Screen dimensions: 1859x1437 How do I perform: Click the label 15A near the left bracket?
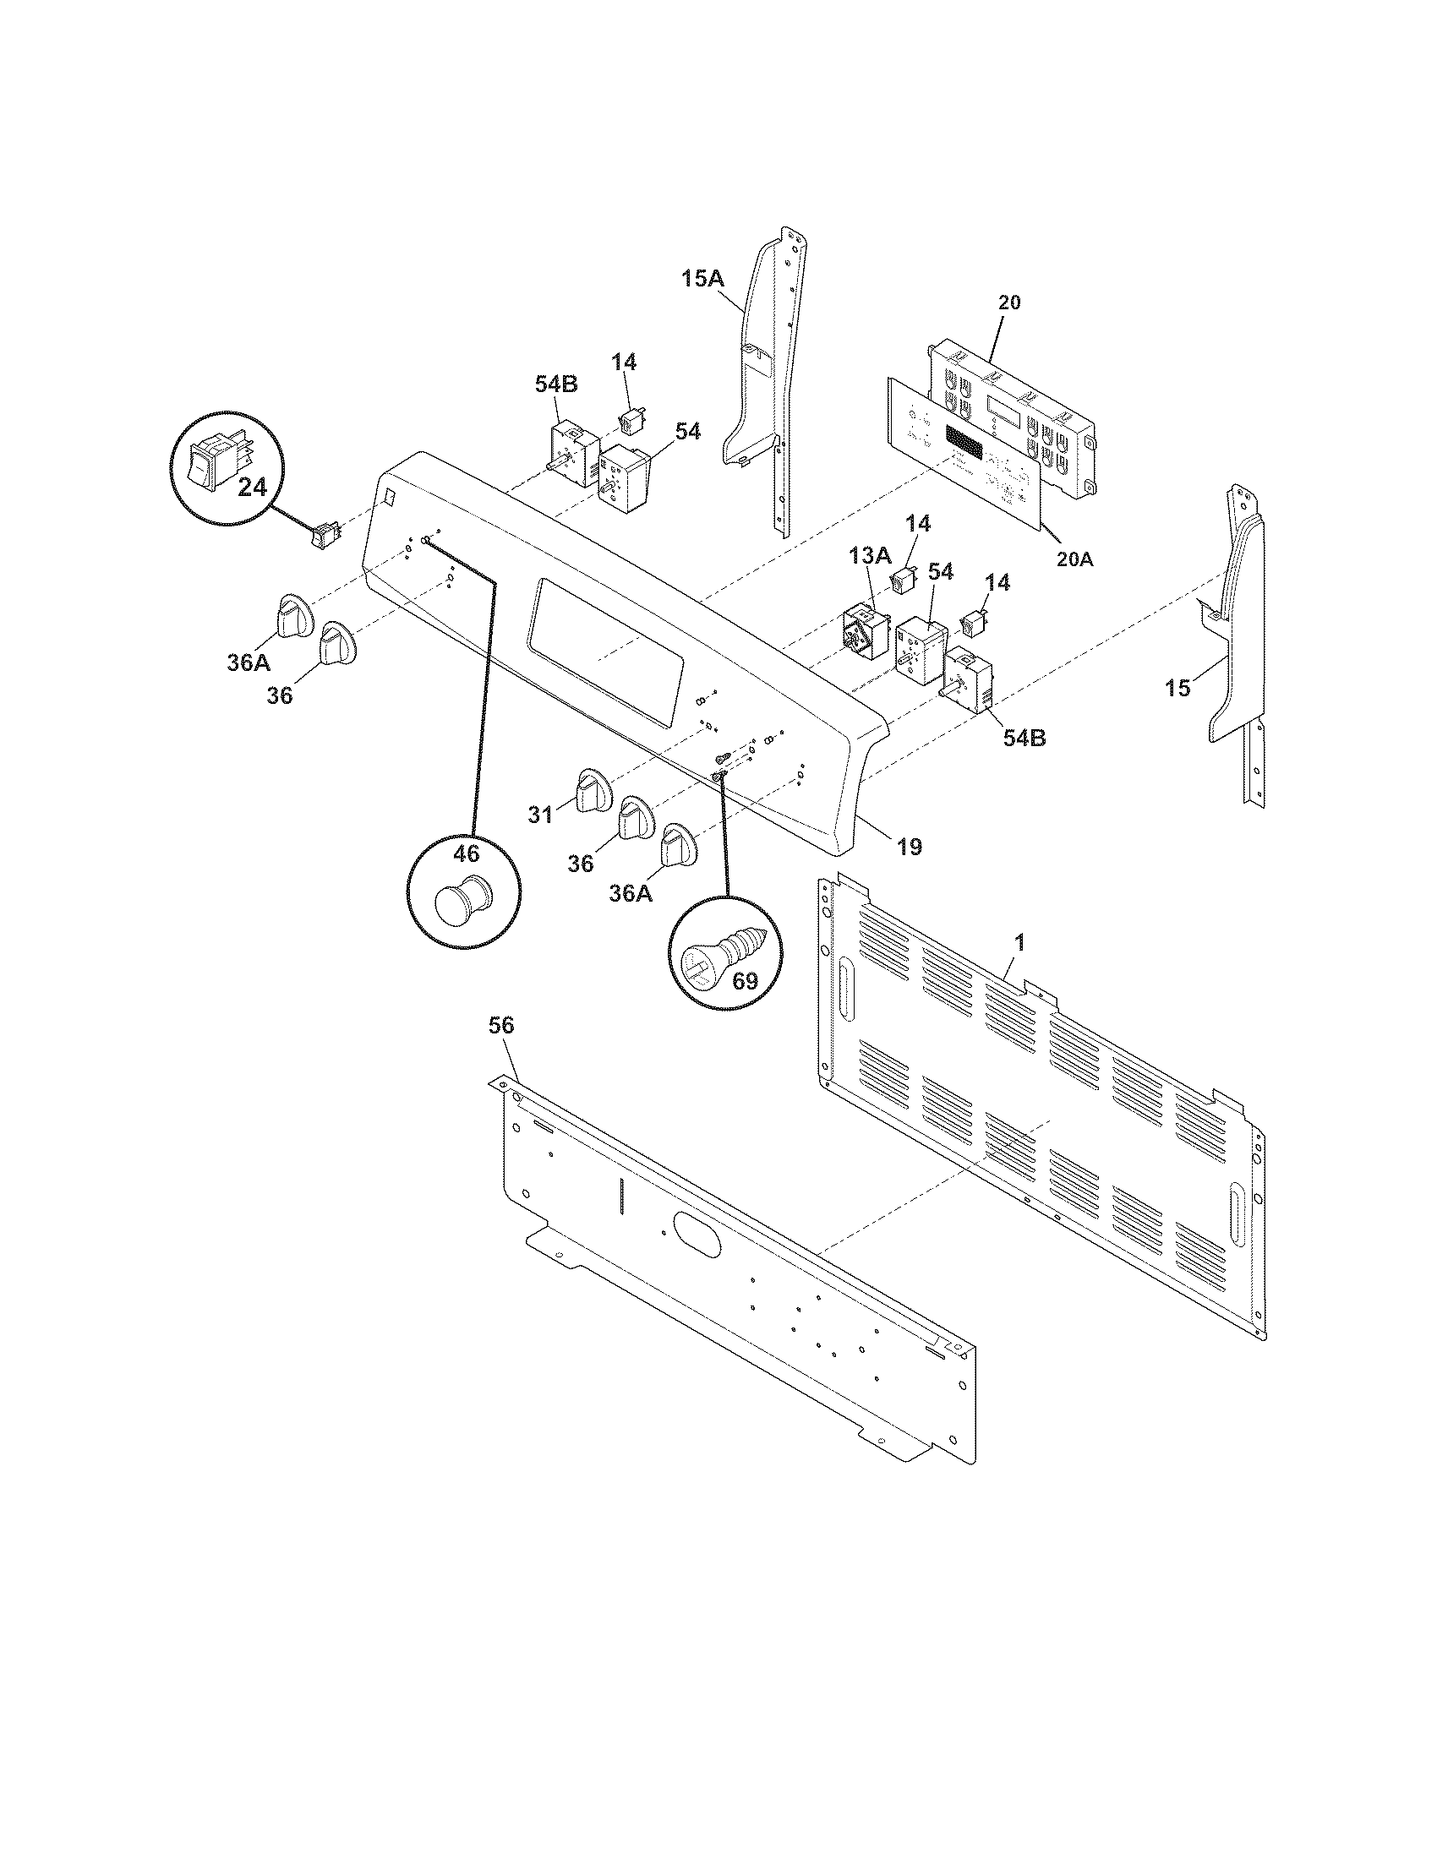coord(703,278)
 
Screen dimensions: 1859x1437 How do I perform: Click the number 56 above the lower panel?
coord(501,1026)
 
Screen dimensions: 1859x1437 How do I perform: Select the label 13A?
coord(870,557)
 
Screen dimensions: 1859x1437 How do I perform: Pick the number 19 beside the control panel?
coord(909,846)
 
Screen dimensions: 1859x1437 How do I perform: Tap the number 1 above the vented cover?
coord(1020,942)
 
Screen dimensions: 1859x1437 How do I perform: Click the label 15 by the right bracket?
coord(1177,688)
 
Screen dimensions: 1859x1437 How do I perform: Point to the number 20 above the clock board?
coord(1008,303)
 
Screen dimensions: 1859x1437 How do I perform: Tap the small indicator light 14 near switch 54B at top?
coord(631,420)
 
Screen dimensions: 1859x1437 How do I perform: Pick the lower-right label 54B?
coord(1024,738)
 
